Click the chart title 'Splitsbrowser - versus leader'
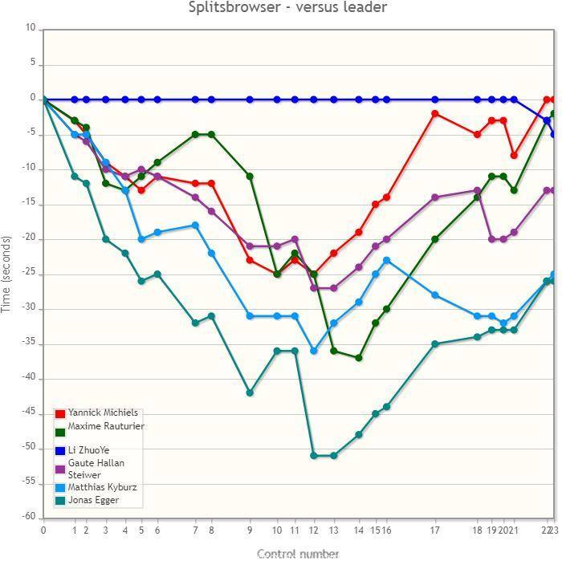point(287,8)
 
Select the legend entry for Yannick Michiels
point(103,413)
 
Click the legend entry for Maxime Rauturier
point(106,426)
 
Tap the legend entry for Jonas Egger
point(93,500)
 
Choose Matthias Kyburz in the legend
point(102,487)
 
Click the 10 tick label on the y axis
point(31,28)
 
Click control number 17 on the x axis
point(435,530)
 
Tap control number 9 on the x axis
point(250,530)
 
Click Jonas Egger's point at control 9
point(250,392)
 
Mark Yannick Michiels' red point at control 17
point(435,113)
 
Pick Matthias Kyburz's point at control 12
point(314,351)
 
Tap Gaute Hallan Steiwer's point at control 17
point(435,197)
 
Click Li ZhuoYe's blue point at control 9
point(250,100)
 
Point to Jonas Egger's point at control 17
point(435,343)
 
